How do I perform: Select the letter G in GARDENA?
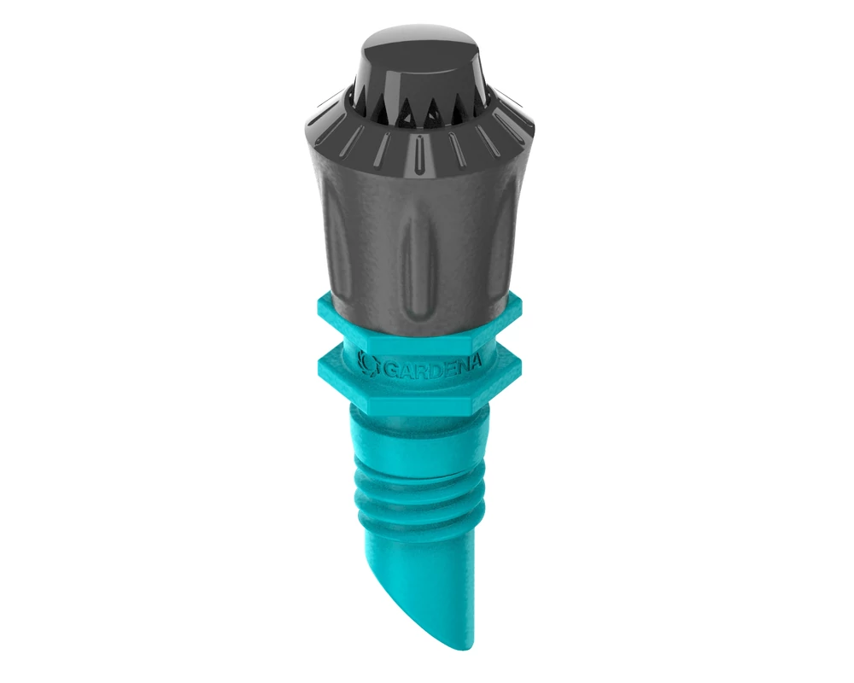click(390, 371)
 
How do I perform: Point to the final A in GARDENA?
click(475, 361)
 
